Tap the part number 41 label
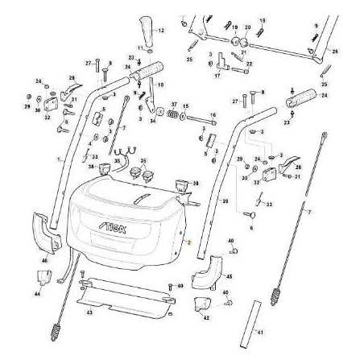(259, 331)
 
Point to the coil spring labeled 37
(172, 117)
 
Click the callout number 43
(90, 312)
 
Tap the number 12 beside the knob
(159, 31)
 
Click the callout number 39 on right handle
(225, 201)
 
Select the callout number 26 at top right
(335, 51)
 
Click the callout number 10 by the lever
(161, 85)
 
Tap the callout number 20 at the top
(248, 27)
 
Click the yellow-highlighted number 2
(187, 241)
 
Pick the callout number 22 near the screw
(249, 64)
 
